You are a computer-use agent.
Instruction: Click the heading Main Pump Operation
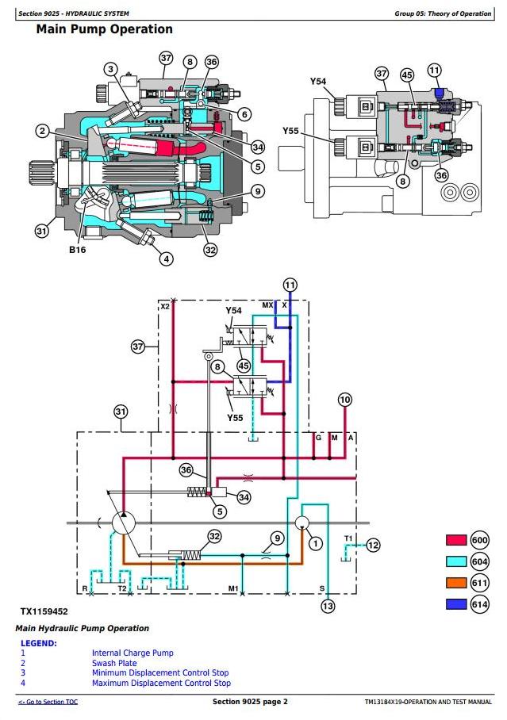tap(105, 29)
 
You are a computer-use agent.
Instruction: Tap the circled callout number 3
tap(110, 69)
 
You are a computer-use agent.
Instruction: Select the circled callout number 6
tap(244, 114)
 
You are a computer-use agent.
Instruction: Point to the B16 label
tap(77, 250)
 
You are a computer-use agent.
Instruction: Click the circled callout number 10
tap(344, 400)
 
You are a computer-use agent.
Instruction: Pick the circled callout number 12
tap(373, 545)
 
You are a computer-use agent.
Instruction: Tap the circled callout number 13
tap(328, 606)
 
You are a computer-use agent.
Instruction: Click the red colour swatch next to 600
tap(456, 539)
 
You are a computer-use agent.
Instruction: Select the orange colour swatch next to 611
tap(456, 583)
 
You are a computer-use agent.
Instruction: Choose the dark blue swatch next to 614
tap(456, 603)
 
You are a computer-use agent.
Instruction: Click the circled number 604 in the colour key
tap(479, 561)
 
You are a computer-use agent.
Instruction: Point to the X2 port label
tap(165, 306)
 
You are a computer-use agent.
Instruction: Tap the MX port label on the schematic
tap(267, 305)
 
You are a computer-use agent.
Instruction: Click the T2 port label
tap(122, 588)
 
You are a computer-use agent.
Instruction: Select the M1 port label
tap(233, 588)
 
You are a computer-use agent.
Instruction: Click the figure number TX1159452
tap(44, 611)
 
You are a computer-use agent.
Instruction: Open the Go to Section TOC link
tap(48, 702)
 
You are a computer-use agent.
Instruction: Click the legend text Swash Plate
tap(114, 663)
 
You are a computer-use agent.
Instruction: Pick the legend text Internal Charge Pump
tap(133, 653)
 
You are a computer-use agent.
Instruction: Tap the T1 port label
tap(348, 538)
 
